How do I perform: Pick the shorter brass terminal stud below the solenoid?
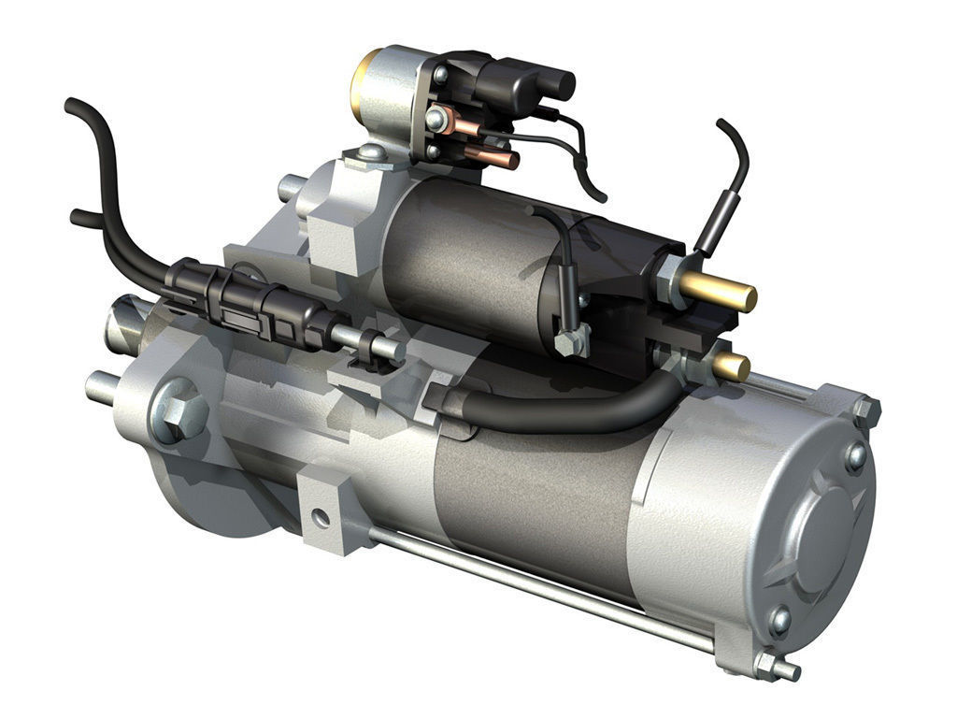[732, 366]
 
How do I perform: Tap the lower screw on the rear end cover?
[778, 619]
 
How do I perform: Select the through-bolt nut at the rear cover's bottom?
[768, 665]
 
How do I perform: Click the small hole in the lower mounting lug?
[321, 516]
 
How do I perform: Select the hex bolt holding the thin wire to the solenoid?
[571, 341]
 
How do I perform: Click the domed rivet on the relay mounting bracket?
[371, 151]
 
